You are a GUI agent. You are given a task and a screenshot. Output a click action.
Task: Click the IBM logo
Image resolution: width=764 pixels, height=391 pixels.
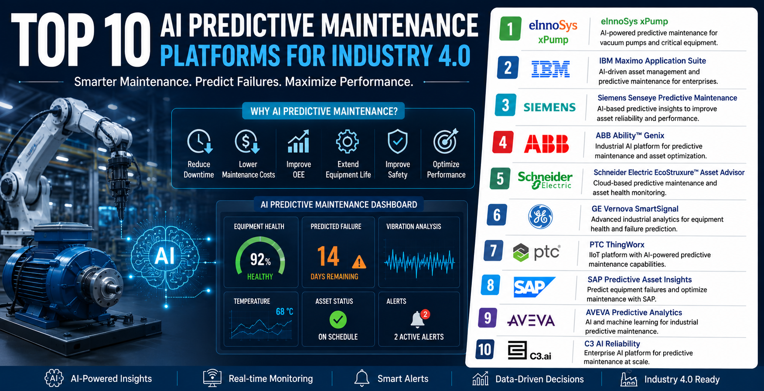551,69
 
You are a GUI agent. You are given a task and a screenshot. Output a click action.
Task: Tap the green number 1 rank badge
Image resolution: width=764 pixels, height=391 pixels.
510,29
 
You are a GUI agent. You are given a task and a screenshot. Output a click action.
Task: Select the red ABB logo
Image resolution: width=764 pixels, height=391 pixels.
546,144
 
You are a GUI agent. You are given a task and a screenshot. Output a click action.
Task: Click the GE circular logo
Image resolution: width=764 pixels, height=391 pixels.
540,217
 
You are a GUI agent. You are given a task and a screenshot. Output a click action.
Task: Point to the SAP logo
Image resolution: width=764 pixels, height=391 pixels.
534,287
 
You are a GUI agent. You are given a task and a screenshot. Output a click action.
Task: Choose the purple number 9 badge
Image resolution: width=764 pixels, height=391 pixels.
488,318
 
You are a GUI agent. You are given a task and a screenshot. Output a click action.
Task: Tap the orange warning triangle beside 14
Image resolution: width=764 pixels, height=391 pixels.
359,262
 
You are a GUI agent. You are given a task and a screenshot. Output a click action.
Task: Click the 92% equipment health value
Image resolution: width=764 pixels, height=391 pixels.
260,260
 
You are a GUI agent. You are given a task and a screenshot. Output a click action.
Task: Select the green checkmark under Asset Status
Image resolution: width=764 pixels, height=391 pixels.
338,320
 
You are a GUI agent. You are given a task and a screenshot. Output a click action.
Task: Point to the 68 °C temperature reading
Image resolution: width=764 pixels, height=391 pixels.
284,312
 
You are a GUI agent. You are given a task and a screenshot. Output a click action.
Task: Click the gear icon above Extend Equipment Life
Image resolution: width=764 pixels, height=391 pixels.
348,142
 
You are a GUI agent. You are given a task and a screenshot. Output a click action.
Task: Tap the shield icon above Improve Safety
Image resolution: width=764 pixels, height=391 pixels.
398,142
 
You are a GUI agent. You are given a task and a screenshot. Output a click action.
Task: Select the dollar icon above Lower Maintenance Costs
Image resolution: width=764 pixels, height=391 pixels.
247,142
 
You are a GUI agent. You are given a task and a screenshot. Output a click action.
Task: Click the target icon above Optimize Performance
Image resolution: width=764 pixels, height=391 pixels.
445,141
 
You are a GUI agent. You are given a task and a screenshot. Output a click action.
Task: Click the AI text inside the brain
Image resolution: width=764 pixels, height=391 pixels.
165,256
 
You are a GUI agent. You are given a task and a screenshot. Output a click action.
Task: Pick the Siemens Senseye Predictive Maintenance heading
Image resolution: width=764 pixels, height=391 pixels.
667,98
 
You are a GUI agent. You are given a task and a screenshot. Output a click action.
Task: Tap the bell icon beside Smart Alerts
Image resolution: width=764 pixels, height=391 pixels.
362,378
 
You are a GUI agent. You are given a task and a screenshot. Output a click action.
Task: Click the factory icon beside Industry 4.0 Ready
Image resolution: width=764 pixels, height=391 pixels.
629,379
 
